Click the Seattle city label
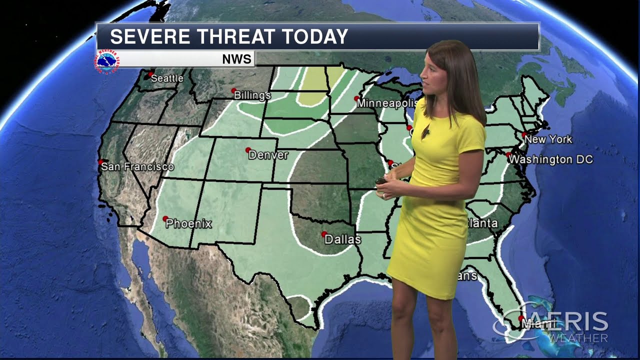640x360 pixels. point(167,78)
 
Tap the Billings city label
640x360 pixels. point(252,95)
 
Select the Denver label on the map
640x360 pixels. point(268,155)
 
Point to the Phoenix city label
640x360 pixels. point(189,224)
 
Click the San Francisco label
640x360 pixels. point(137,167)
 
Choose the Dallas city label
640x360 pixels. point(342,239)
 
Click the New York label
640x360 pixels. point(548,139)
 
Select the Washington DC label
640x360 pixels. point(552,159)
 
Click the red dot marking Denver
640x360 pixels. point(247,149)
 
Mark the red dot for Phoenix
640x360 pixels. point(165,218)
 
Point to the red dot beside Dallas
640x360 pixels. point(324,233)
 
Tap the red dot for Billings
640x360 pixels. point(233,90)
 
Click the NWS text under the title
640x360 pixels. point(236,59)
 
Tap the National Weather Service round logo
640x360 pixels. point(107,60)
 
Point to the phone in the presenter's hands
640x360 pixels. point(381,180)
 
